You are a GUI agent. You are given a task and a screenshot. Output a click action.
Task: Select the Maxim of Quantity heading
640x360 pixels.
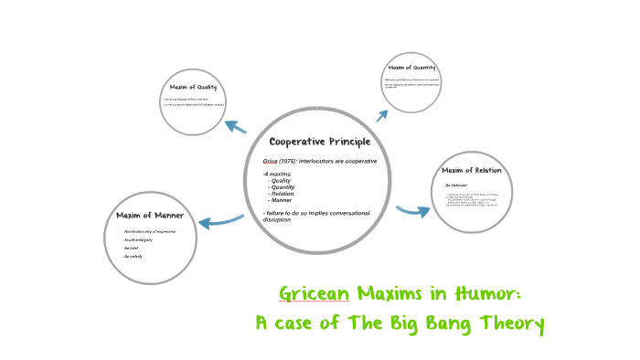[x=411, y=69]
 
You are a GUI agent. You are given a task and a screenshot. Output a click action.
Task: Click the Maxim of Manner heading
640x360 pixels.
[x=150, y=216]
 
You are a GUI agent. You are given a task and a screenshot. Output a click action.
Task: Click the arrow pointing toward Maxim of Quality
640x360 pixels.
[x=235, y=127]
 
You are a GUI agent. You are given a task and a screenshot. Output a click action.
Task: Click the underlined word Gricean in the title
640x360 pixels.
[x=314, y=294]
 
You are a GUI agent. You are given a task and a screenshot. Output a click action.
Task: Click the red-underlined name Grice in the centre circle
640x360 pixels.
[x=271, y=162]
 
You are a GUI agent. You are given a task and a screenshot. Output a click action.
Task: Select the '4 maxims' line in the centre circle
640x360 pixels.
[x=278, y=174]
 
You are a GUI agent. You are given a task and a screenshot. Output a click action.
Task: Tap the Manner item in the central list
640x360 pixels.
[x=281, y=199]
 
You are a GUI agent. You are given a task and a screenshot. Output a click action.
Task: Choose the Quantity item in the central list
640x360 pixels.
[x=283, y=186]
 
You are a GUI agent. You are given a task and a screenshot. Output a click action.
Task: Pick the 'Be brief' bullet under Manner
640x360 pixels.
[x=132, y=249]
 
